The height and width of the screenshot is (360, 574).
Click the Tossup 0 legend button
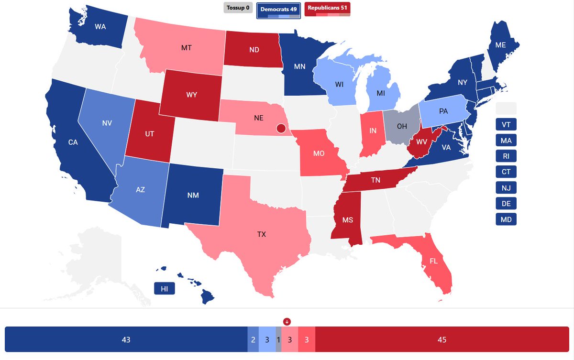pos(238,8)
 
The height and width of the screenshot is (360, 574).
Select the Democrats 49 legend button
pos(278,9)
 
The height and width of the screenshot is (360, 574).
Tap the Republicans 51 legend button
pos(327,8)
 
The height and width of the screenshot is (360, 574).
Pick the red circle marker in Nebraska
pos(281,128)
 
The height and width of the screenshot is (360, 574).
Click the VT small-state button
pos(506,124)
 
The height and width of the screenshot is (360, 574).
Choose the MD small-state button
pos(506,219)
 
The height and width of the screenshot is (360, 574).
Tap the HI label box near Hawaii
pos(164,289)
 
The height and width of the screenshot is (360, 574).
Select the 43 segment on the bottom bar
pos(126,340)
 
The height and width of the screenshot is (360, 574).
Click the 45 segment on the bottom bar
pos(442,340)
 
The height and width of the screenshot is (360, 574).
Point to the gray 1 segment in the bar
pos(278,340)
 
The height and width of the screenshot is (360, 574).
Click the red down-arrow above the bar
pos(287,321)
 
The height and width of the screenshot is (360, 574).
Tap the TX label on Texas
pos(261,235)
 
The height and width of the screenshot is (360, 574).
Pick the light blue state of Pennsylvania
pos(443,111)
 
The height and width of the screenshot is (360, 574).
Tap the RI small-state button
pos(506,156)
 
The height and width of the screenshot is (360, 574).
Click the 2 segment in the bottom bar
pos(253,340)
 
